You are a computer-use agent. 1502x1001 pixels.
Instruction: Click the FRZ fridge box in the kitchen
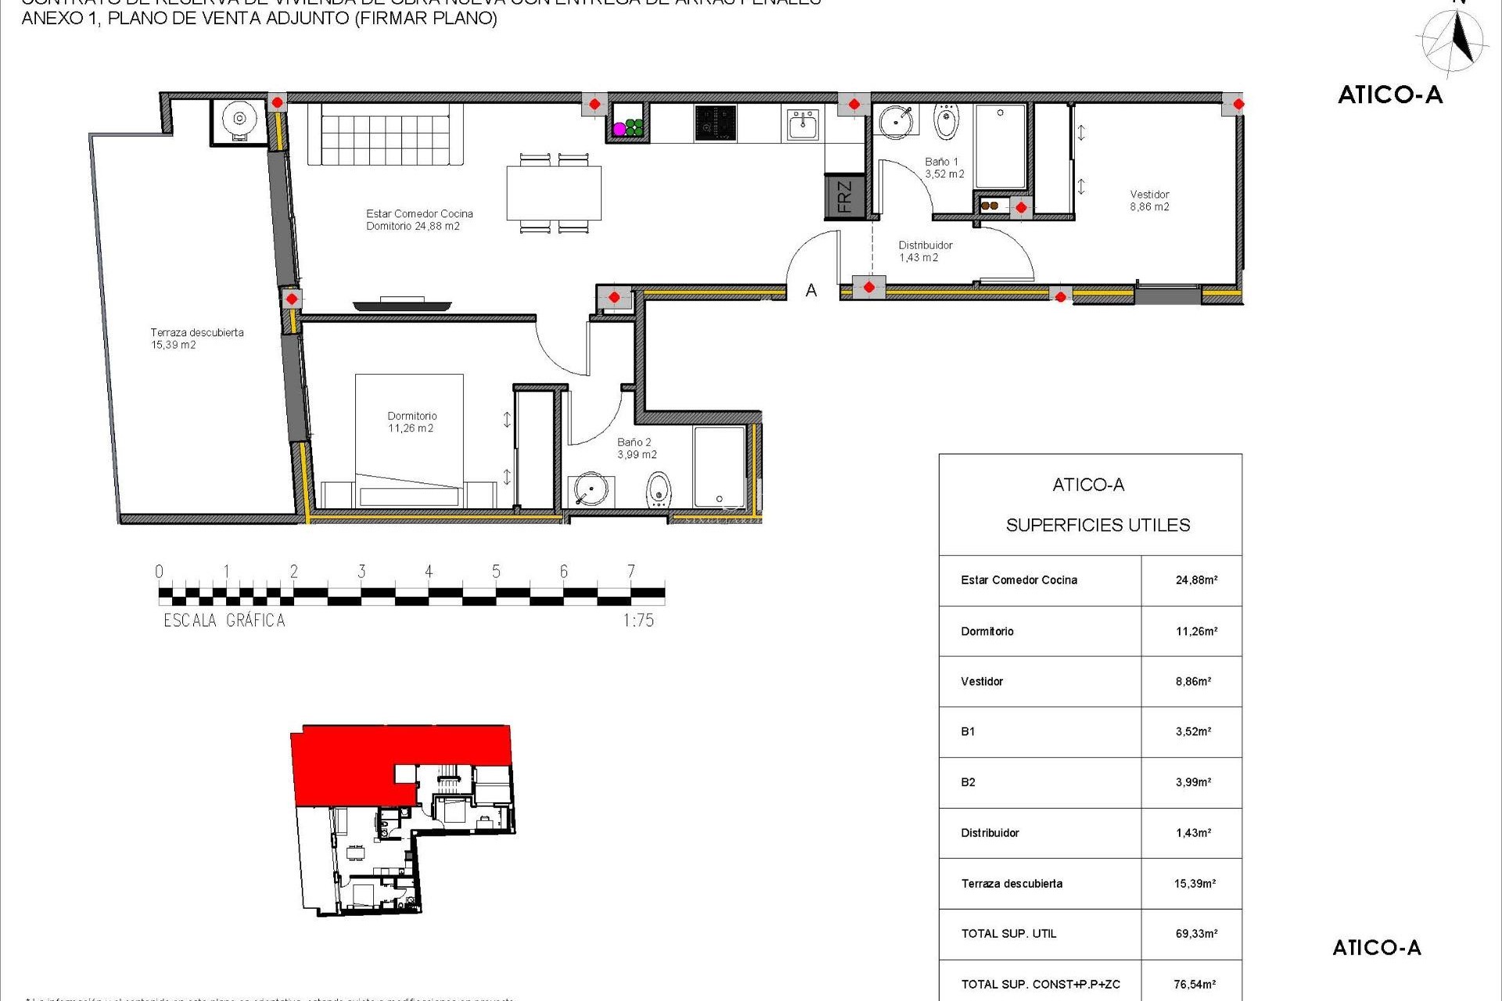coord(844,196)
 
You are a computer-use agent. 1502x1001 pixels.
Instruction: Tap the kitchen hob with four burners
coord(715,124)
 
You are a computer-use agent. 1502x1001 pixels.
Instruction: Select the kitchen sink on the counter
coord(803,124)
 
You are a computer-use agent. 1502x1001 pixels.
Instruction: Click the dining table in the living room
coord(554,193)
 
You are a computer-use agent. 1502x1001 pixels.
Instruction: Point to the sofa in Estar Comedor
coord(386,134)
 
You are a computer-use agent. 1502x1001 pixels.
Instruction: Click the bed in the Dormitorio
coord(409,442)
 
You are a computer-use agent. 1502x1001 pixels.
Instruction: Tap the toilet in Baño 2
coord(659,490)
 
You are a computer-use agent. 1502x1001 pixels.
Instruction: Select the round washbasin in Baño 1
coord(895,122)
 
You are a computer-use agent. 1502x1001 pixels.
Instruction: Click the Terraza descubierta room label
coord(196,339)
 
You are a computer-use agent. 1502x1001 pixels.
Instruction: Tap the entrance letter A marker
coord(811,291)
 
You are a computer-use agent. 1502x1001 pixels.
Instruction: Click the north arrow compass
coord(1453,41)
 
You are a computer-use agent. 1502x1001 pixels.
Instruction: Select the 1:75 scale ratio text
coord(638,621)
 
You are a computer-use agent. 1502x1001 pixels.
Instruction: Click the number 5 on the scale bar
coord(496,572)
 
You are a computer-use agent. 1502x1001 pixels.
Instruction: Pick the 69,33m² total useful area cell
coord(1196,934)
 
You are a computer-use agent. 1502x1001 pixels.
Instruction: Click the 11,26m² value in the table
coord(1196,631)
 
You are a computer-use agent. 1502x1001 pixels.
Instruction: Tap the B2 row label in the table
coord(968,782)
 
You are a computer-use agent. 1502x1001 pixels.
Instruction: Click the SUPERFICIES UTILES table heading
coord(1098,526)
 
